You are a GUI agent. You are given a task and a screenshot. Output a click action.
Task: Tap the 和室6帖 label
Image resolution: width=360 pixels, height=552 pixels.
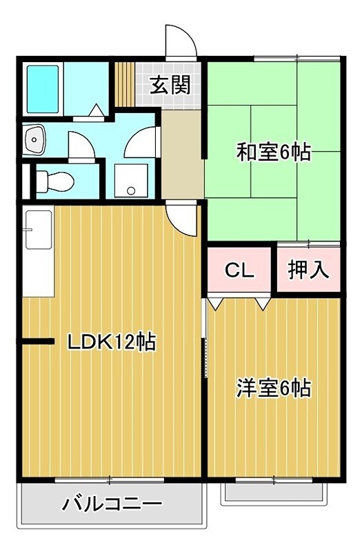tap(274, 152)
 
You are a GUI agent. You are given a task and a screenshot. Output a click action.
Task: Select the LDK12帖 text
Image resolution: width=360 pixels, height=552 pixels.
tap(110, 341)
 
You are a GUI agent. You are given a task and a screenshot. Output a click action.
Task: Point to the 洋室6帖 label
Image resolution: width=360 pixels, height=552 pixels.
tap(274, 388)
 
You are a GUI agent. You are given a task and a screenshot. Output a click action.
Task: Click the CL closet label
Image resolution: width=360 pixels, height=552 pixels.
tap(240, 269)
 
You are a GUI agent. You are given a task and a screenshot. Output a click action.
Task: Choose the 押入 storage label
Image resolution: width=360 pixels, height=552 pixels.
tap(308, 269)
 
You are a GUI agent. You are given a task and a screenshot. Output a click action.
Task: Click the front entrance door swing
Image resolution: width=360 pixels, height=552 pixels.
tap(181, 41)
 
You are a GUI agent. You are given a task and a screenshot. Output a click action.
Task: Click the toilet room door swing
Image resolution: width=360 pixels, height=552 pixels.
tap(79, 145)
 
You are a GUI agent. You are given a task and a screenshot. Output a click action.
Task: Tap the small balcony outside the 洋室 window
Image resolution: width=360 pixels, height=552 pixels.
tap(274, 493)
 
